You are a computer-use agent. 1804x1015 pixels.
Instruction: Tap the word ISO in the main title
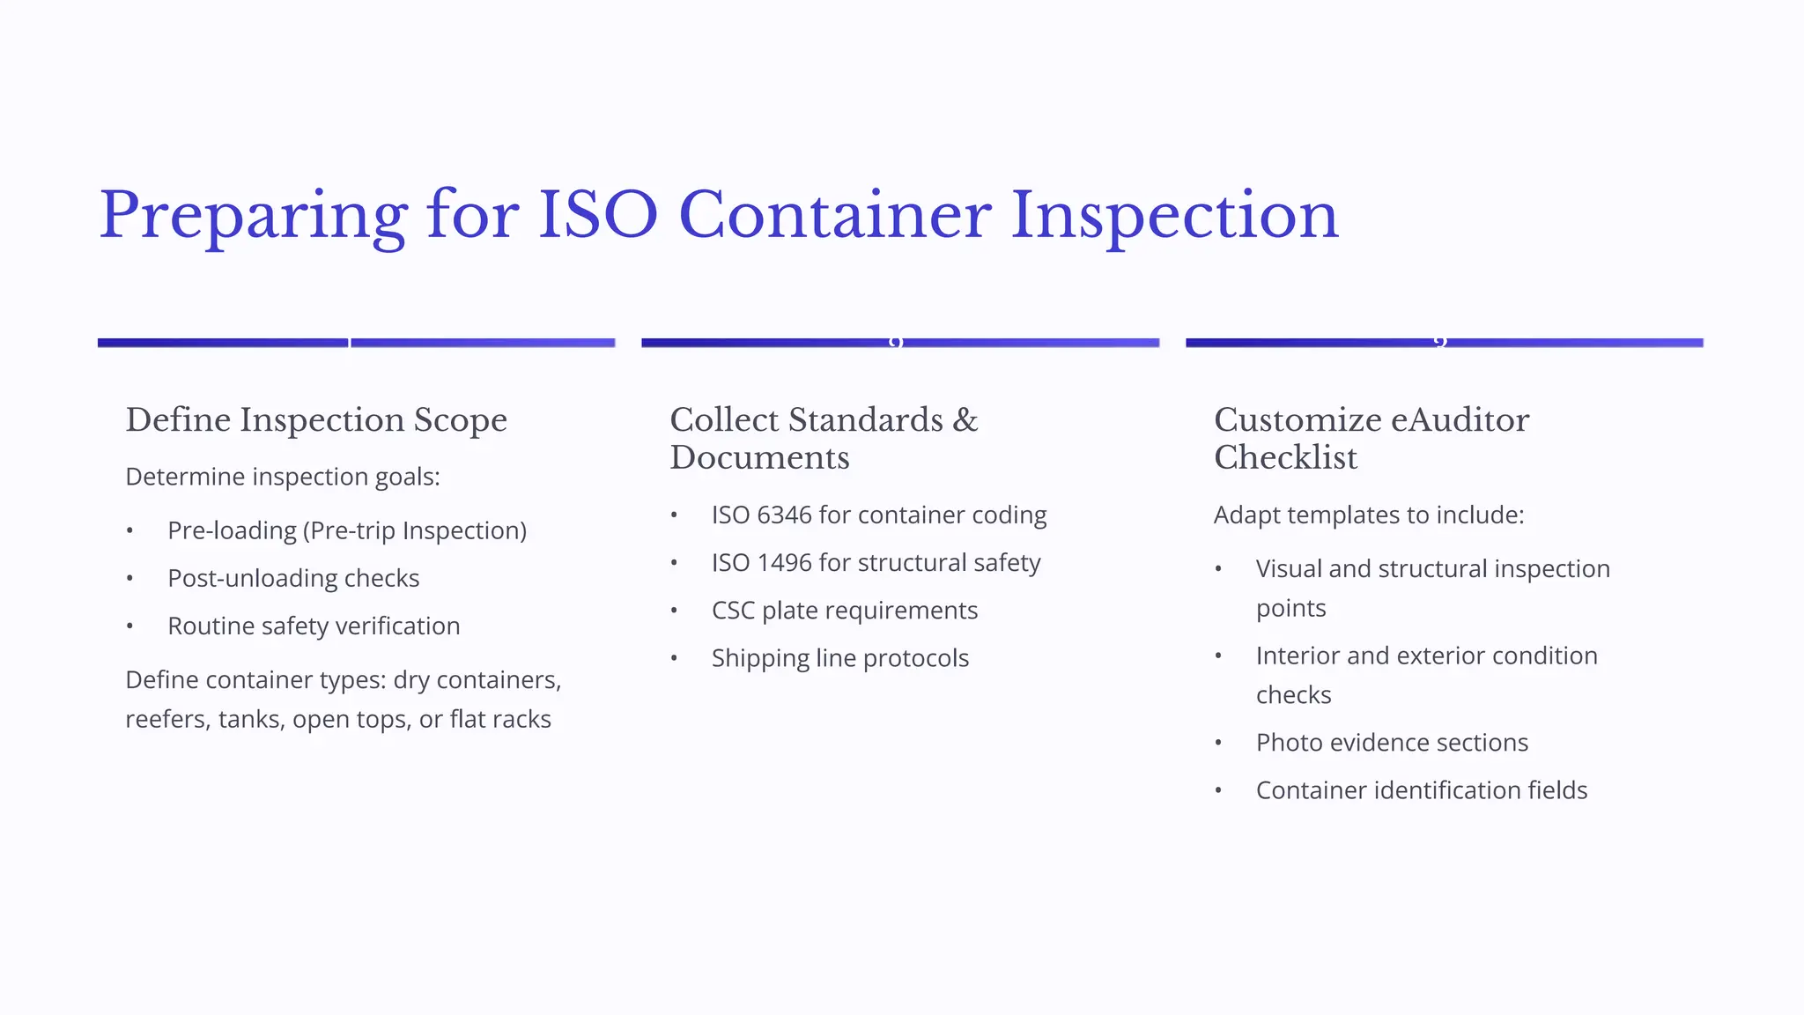pos(597,216)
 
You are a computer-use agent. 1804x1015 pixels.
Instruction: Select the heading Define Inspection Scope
pos(316,420)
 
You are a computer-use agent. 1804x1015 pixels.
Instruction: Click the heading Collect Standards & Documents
pos(824,439)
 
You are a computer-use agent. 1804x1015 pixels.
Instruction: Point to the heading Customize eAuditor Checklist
pos(1371,439)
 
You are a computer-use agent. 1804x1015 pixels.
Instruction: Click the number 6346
pos(784,515)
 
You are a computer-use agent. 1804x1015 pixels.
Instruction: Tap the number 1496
pos(784,562)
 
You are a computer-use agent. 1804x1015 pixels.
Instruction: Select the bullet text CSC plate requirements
pos(844,611)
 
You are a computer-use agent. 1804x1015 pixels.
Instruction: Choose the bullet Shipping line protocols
pos(839,658)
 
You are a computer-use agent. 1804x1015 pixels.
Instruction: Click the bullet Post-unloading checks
pos(293,578)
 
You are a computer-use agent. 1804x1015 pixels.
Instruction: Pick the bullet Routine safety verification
pos(314,626)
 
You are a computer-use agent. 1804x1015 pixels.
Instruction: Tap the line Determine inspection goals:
pos(282,477)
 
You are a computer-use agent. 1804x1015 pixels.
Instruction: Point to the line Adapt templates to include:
pos(1368,515)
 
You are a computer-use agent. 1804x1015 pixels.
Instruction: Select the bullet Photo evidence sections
pos(1392,743)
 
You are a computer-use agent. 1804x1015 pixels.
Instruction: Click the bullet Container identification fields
pos(1421,790)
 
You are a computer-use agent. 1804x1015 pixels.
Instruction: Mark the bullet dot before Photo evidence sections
pos(1218,743)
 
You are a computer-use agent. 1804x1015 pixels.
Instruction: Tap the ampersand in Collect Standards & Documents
pos(965,420)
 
